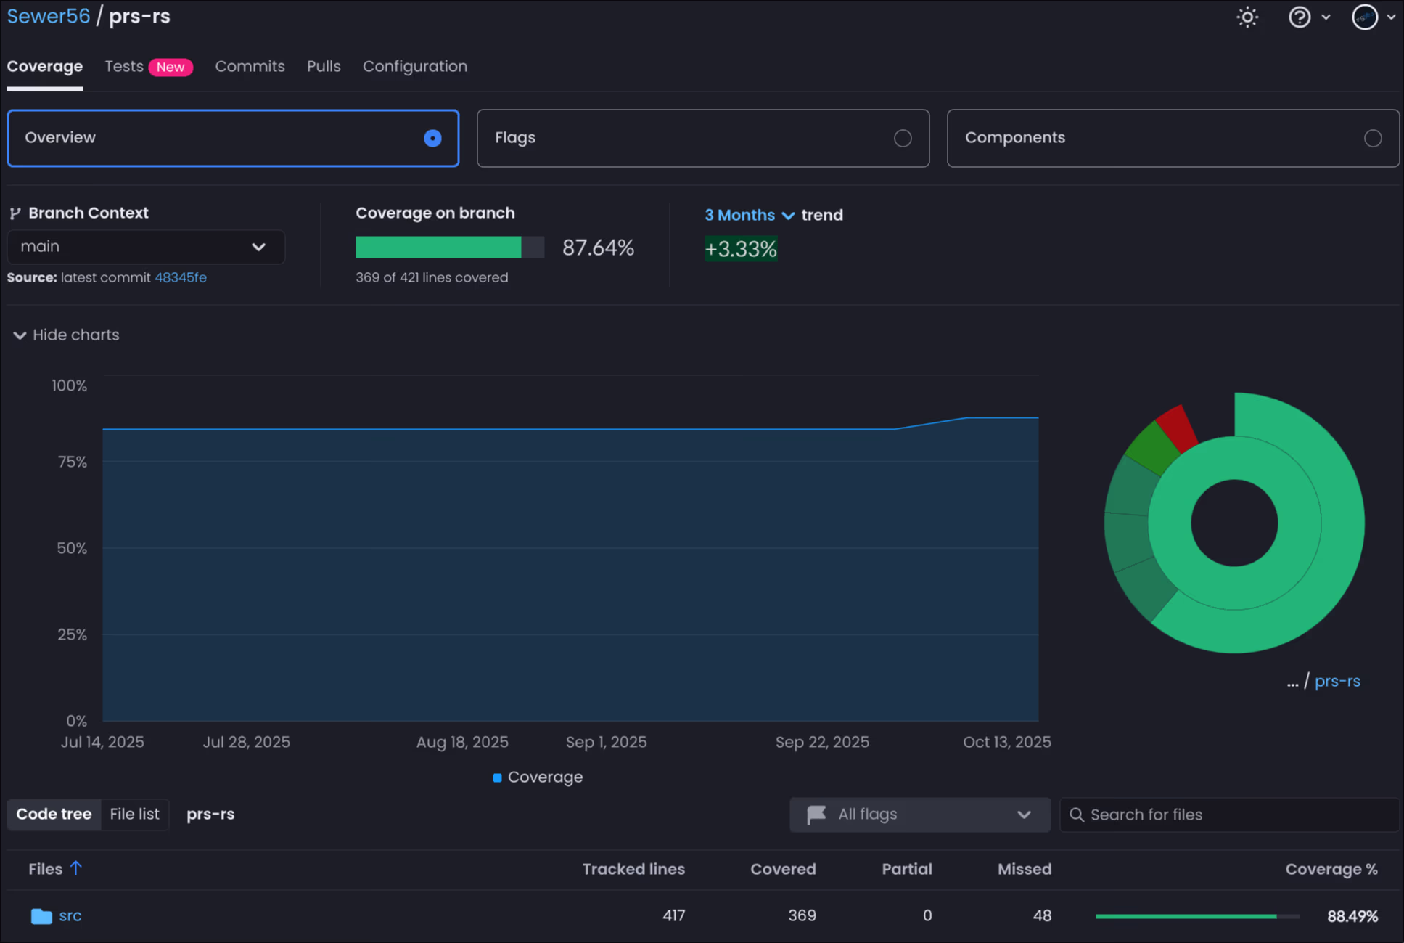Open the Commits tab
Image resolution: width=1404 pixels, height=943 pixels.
250,66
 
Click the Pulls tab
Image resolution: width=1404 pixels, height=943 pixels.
324,66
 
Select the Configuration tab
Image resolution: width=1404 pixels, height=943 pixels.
414,66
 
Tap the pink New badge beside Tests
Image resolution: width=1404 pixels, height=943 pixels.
171,67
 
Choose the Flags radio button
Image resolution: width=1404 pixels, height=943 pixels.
902,138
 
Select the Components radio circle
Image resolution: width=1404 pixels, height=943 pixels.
1372,138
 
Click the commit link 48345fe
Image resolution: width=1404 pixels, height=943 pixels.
180,277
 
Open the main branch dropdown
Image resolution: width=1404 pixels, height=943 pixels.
145,247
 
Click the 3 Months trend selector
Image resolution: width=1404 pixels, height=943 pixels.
749,215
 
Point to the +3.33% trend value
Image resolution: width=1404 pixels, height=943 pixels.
740,249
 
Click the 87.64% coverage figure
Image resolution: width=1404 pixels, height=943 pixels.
598,248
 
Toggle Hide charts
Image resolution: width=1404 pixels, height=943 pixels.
66,335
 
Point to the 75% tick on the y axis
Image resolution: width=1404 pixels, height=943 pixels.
72,462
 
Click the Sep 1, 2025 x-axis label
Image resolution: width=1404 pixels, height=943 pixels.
606,742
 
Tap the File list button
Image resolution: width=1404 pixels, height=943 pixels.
134,814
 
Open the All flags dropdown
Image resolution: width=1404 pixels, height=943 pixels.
919,815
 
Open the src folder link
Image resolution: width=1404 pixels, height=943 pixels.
70,915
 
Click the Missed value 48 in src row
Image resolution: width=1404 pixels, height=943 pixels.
1041,915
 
